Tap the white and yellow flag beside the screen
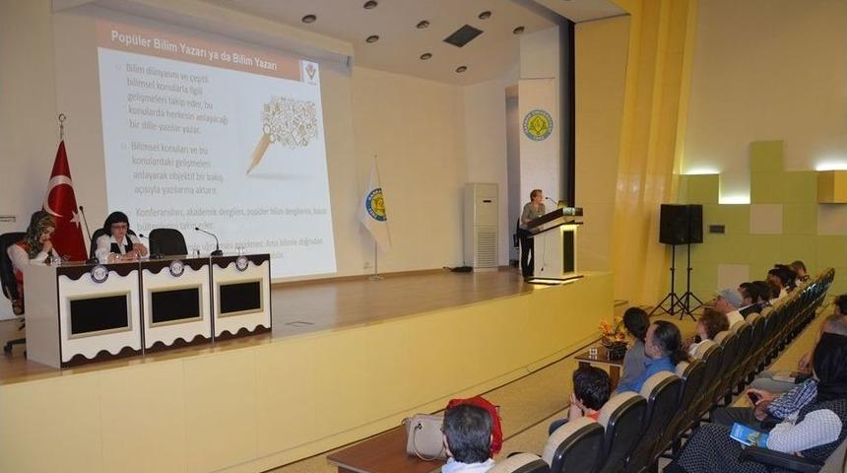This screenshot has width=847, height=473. pyautogui.click(x=375, y=207)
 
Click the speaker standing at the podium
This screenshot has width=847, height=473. pyautogui.click(x=531, y=227)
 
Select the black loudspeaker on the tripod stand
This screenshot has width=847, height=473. pyautogui.click(x=681, y=225)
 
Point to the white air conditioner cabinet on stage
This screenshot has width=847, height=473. pyautogui.click(x=481, y=226)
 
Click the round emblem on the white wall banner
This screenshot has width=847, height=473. pyautogui.click(x=537, y=125)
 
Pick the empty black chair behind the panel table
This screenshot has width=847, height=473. pyautogui.click(x=167, y=242)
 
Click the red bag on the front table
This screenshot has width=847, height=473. pyautogui.click(x=478, y=418)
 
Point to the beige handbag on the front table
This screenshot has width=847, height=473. pyautogui.click(x=424, y=435)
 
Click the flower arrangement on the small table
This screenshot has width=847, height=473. pyautogui.click(x=613, y=336)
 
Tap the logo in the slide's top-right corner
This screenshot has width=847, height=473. pyautogui.click(x=310, y=73)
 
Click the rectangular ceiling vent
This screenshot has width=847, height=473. pyautogui.click(x=462, y=35)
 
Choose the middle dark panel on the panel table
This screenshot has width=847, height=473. pyautogui.click(x=176, y=305)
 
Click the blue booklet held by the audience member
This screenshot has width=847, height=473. pyautogui.click(x=748, y=435)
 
